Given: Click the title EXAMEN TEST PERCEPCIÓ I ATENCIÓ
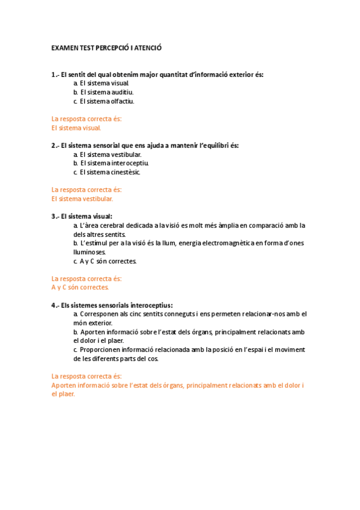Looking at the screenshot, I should click(x=107, y=47).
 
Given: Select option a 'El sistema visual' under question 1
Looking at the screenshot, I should click(x=101, y=83).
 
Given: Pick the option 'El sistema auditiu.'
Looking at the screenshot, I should click(x=103, y=92).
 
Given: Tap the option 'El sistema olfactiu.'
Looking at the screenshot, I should click(x=103, y=101).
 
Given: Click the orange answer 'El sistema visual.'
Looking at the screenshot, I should click(x=76, y=127).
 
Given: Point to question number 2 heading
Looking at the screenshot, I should click(x=145, y=146).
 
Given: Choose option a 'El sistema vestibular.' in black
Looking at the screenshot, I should click(x=107, y=155).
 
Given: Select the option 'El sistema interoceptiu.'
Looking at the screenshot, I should click(x=110, y=163).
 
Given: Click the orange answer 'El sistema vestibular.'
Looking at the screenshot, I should click(x=82, y=198).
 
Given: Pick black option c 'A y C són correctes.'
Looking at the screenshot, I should click(x=105, y=261).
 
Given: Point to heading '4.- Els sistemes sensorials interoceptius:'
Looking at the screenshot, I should click(x=112, y=306).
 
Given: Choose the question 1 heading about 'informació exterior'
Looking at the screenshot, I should click(x=157, y=75).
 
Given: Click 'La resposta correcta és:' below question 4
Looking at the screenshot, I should click(x=87, y=376).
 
